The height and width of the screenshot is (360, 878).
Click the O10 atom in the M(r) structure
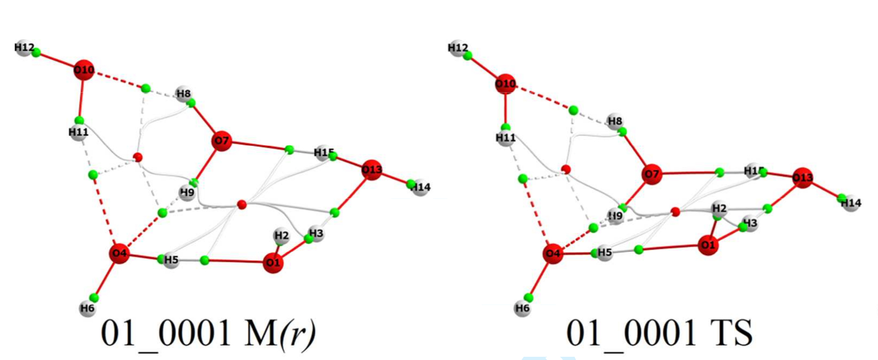tap(83, 70)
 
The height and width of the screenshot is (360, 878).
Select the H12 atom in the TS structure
tap(457, 48)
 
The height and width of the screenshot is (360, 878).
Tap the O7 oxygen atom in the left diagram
tap(221, 141)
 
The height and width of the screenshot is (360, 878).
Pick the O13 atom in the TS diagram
tap(802, 177)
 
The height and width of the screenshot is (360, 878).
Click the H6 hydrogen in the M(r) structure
tap(87, 309)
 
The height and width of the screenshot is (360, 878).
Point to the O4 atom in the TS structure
tap(553, 253)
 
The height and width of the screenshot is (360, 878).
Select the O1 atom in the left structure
tap(273, 263)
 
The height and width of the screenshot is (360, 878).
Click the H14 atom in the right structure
tap(851, 203)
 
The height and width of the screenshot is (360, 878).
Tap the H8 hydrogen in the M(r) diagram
tap(184, 94)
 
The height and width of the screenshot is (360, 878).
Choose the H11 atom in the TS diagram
tap(505, 138)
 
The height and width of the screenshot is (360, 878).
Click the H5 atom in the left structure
tap(171, 260)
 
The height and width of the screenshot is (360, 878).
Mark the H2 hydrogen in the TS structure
tap(719, 209)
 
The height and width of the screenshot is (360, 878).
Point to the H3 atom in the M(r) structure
tap(316, 234)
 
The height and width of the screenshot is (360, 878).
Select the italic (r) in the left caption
tap(297, 334)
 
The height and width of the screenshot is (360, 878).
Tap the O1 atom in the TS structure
tap(708, 245)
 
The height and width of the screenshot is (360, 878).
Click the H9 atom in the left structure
tap(187, 192)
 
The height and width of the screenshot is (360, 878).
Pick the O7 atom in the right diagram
tap(652, 175)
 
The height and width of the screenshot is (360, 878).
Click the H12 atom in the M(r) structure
tap(24, 48)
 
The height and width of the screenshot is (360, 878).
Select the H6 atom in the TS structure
tap(522, 309)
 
